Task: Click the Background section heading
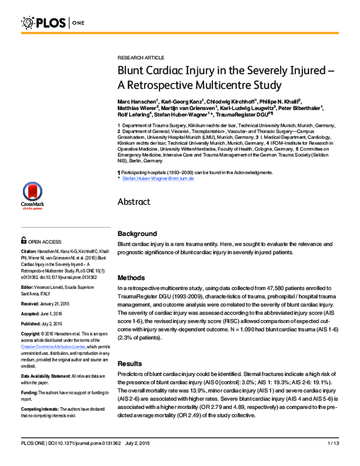[x=137, y=233]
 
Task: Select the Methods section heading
[x=131, y=278]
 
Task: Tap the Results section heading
[x=130, y=364]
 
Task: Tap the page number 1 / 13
[x=333, y=460]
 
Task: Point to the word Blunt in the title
[x=133, y=71]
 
